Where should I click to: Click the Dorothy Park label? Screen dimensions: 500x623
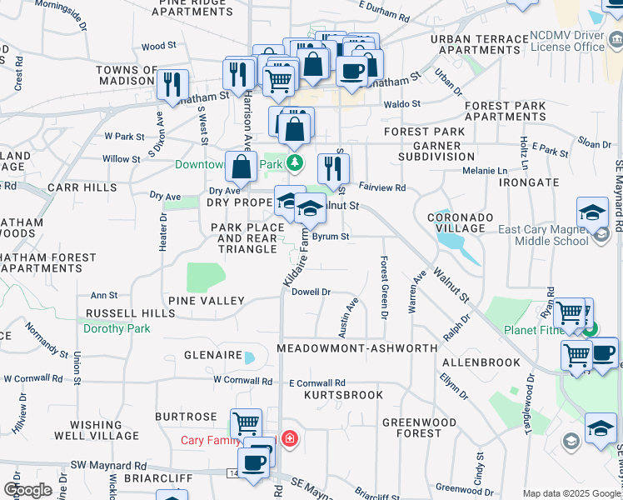[117, 328]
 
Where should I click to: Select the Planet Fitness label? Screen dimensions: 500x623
[537, 329]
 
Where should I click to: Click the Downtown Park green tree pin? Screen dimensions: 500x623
[293, 162]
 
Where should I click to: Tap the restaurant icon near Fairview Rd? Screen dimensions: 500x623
[333, 168]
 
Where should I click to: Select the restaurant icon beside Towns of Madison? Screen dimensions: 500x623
[172, 84]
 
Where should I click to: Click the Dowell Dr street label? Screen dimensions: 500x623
[312, 292]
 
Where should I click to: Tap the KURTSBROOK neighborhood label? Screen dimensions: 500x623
[343, 394]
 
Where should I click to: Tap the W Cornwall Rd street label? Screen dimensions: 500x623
[242, 382]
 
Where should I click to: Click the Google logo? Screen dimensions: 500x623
[27, 489]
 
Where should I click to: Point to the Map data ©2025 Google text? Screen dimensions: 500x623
[571, 493]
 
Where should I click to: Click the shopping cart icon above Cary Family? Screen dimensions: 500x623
[246, 423]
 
